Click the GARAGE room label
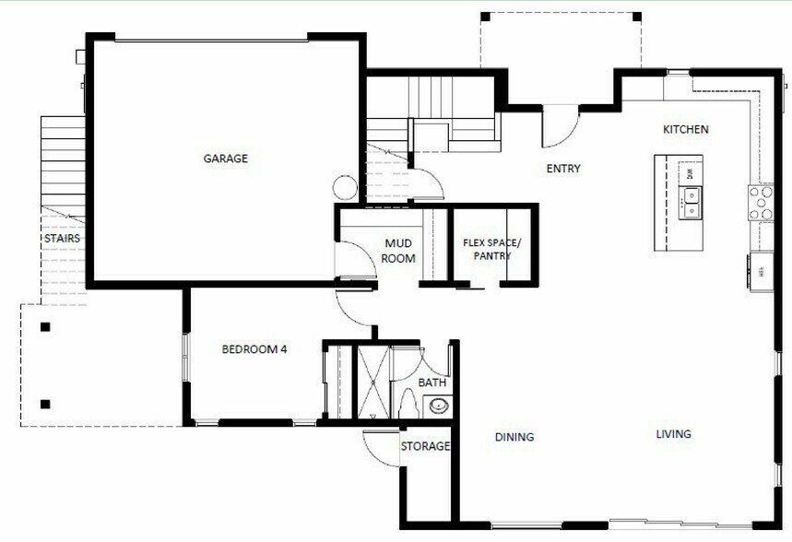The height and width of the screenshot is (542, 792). click(225, 159)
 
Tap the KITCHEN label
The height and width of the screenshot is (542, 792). click(686, 129)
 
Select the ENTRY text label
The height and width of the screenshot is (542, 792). click(563, 169)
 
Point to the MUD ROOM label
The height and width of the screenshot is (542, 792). click(398, 251)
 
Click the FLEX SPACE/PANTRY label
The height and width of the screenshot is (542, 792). click(491, 250)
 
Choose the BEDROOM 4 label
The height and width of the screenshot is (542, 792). click(255, 349)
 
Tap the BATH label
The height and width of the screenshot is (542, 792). click(431, 382)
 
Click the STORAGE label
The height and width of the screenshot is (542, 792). click(425, 446)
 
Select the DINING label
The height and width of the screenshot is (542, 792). click(514, 437)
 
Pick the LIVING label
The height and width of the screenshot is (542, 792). click(673, 434)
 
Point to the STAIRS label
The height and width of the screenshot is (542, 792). click(62, 239)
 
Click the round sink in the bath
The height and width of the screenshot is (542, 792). click(439, 405)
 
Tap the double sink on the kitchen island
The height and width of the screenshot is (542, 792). click(690, 199)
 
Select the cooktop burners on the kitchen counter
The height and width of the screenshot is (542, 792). click(761, 202)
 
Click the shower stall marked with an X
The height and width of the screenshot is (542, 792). click(373, 381)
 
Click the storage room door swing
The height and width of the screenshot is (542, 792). click(380, 447)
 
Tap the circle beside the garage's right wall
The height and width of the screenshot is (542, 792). click(344, 187)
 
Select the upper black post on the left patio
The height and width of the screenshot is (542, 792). click(44, 325)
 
